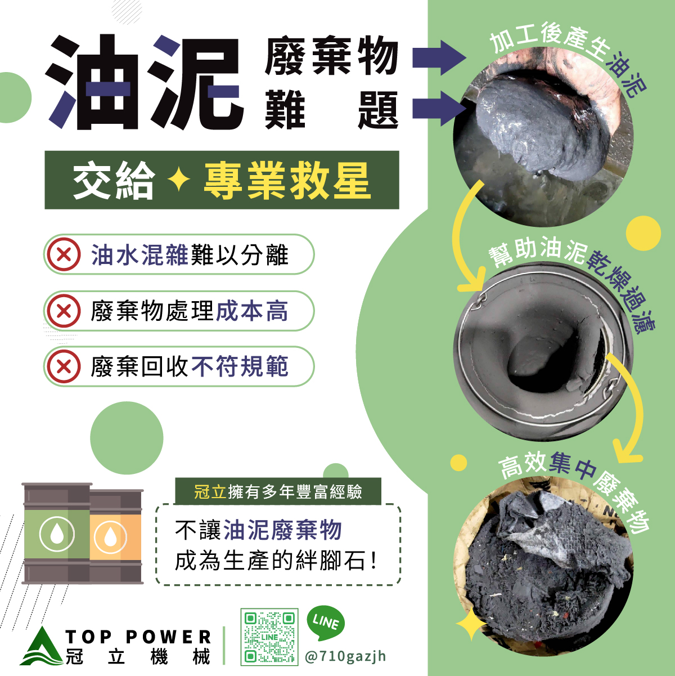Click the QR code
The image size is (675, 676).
point(269,637)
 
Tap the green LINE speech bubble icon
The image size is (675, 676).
point(325,623)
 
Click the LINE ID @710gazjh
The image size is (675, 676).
point(345,656)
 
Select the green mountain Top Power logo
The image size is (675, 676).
point(42,646)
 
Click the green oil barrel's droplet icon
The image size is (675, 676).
point(57,534)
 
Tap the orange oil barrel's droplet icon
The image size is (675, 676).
point(110,537)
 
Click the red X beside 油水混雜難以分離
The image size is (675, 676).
point(64,254)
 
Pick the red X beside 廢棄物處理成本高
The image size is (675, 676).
point(64,311)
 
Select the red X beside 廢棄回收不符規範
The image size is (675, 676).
point(64,366)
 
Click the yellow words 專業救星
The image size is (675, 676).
point(287,181)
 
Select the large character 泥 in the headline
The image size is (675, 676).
point(195,82)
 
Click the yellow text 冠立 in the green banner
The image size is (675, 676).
point(210,491)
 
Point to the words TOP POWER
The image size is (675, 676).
point(138,637)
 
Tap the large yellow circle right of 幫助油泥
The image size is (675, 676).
point(643,233)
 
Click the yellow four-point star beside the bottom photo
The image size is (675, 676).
point(471,624)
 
